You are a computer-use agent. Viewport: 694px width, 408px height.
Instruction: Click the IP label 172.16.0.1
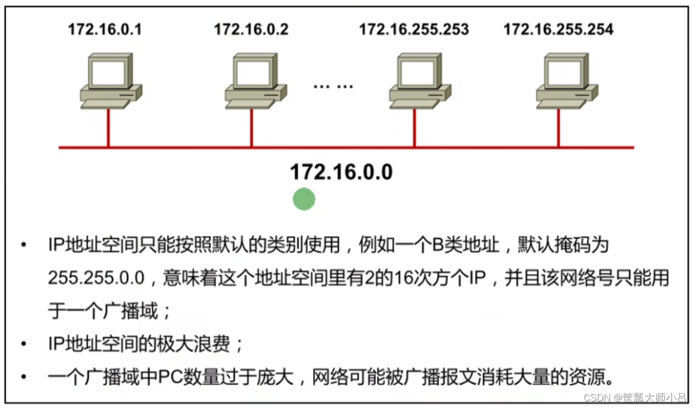[x=105, y=29]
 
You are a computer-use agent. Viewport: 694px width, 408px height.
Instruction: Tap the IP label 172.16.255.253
[x=414, y=29]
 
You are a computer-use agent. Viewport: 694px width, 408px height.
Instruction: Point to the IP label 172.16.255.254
[x=558, y=29]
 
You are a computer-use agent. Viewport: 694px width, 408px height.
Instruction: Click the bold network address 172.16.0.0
[x=341, y=172]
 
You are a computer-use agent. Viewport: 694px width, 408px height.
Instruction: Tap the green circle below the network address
[x=304, y=200]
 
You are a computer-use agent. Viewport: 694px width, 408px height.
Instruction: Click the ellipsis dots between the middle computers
[x=333, y=85]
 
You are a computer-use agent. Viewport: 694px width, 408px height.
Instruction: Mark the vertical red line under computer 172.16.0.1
[x=108, y=128]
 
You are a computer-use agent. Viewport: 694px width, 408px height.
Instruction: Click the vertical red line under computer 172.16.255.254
[x=558, y=128]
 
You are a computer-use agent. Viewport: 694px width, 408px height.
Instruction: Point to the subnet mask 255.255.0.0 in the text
[x=96, y=279]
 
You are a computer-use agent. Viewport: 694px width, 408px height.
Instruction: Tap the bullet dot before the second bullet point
[x=23, y=344]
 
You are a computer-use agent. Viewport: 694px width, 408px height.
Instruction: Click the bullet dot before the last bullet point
[x=23, y=376]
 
